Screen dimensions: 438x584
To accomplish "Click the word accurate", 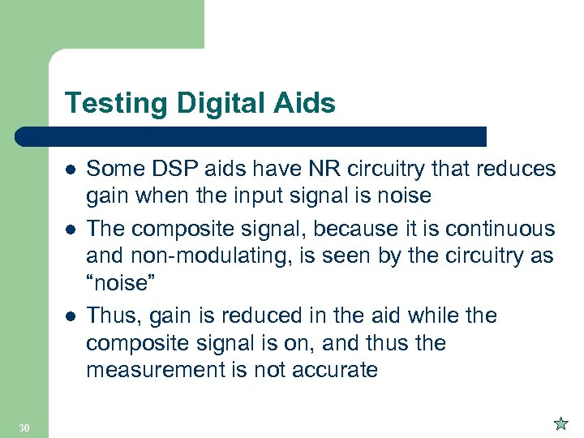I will [333, 371].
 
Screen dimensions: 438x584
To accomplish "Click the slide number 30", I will [24, 427].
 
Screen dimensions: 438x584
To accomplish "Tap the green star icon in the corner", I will [560, 423].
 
